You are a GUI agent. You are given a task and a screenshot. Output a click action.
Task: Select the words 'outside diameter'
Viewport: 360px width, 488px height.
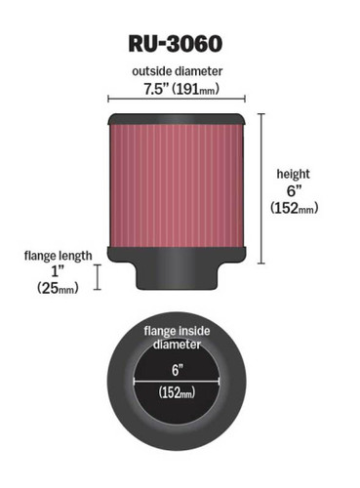177,71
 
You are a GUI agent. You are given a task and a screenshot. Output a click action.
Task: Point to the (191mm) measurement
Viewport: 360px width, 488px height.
198,89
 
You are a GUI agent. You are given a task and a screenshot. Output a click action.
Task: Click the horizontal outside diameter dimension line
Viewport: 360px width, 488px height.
177,102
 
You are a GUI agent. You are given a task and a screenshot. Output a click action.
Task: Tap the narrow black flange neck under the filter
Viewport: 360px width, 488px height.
177,277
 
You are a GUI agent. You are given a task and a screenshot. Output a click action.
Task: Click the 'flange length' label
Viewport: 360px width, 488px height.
59,256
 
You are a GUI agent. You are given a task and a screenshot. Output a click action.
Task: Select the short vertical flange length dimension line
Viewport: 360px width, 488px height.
99,277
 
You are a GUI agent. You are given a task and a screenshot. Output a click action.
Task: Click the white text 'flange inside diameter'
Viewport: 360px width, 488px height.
177,337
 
